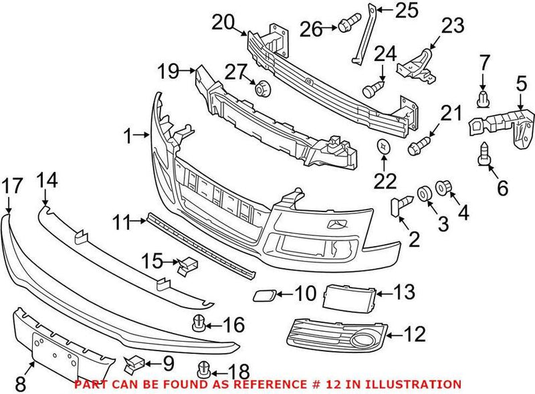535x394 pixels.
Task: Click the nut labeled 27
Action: [261, 87]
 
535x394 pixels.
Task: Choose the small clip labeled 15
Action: [186, 266]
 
